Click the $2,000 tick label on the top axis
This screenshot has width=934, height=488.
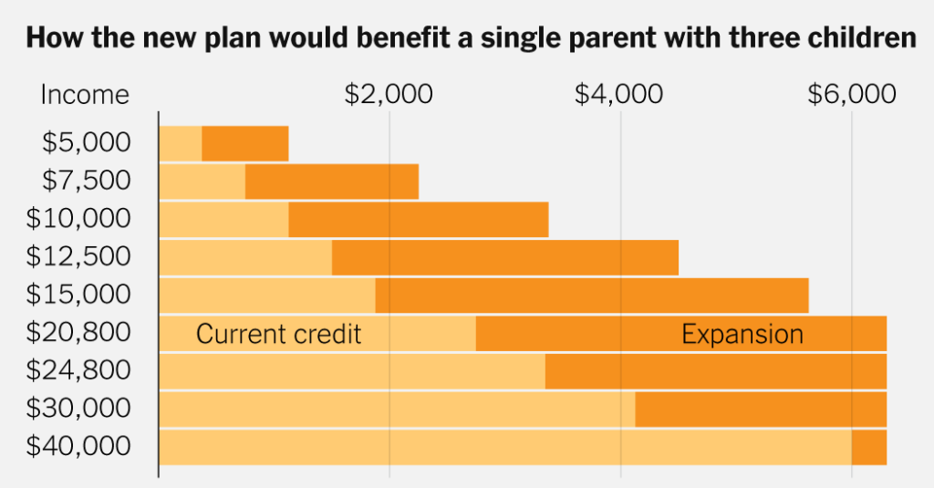point(389,94)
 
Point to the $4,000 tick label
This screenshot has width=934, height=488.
point(620,94)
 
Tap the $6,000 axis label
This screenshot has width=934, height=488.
point(852,94)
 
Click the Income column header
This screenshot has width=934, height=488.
point(85,94)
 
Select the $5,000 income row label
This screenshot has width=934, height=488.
point(86,143)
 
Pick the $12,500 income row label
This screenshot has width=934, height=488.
point(78,257)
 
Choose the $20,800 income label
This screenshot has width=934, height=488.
point(78,333)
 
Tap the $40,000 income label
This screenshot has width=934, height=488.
point(78,447)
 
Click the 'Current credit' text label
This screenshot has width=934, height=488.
point(278,334)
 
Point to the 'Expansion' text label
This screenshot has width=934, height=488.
point(742,334)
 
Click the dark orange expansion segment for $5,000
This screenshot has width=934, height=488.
point(244,143)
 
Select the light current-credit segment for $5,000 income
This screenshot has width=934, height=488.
point(181,143)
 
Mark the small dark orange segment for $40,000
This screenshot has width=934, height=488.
point(869,447)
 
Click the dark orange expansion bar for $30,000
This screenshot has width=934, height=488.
point(761,409)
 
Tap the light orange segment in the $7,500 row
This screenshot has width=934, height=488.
point(202,182)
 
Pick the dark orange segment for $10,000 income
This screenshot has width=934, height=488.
point(419,220)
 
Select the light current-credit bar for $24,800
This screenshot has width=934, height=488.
point(352,371)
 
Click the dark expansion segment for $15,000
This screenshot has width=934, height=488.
point(592,296)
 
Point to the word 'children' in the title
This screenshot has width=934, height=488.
point(861,39)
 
